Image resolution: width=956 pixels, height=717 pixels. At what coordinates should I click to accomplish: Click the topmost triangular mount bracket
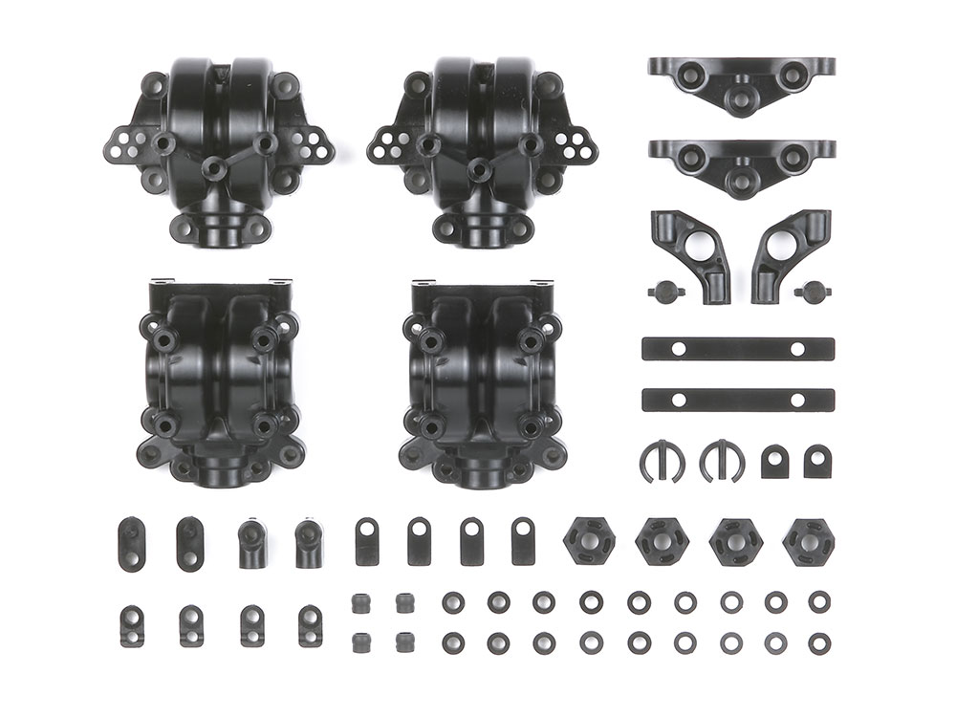click(741, 82)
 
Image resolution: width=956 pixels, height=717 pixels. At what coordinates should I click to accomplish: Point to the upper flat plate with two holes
click(737, 349)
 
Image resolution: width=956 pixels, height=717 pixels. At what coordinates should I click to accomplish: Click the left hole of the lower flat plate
click(678, 399)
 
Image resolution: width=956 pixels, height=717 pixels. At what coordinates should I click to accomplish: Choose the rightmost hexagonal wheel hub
click(808, 543)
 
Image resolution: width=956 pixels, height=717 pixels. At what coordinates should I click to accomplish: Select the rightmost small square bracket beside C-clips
click(815, 461)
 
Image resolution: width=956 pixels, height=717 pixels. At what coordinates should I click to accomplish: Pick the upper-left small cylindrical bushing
click(361, 603)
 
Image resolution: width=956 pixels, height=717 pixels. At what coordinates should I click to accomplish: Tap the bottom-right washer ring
click(818, 642)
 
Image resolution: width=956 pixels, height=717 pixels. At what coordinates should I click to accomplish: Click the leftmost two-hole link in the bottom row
click(132, 626)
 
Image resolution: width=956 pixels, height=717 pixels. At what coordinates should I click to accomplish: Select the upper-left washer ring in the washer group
click(453, 602)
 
